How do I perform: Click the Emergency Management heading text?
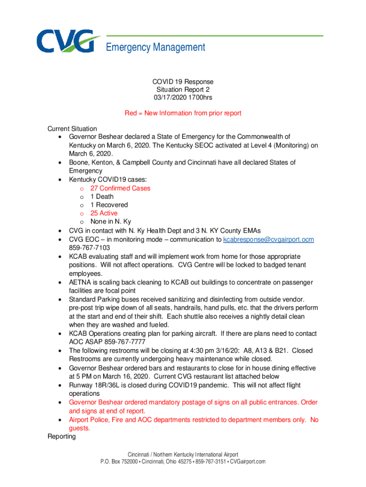click(155, 48)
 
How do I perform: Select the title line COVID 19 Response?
click(183, 81)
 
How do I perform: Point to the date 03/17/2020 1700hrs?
click(183, 97)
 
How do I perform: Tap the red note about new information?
click(183, 113)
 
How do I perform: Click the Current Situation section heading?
click(72, 129)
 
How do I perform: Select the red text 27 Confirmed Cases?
click(120, 188)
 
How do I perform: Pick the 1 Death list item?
click(102, 196)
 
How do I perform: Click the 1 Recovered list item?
click(109, 205)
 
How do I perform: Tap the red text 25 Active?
click(104, 213)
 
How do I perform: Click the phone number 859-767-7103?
click(89, 247)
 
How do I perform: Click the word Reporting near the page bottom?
click(61, 436)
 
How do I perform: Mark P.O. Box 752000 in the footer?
click(119, 461)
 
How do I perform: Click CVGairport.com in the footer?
click(247, 461)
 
